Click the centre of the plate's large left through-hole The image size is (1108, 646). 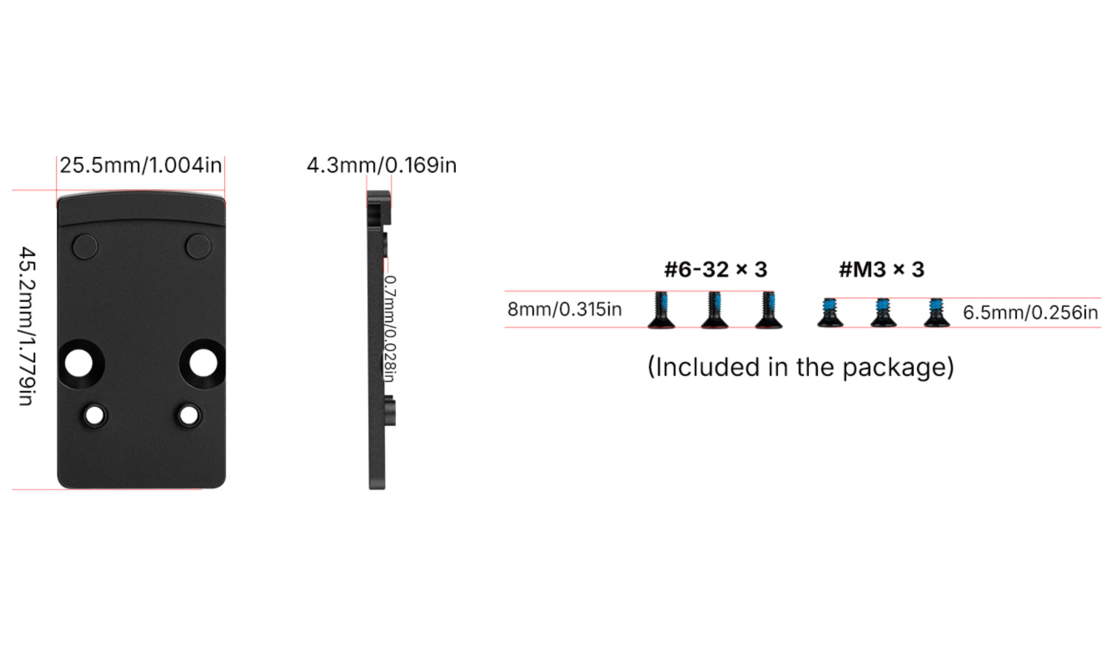click(x=78, y=363)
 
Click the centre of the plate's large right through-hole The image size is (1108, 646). click(x=204, y=363)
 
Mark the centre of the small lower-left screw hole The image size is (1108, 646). click(x=95, y=416)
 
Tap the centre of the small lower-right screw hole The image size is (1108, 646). click(x=189, y=416)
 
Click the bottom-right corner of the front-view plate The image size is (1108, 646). click(x=226, y=488)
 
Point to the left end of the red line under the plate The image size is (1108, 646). click(x=12, y=490)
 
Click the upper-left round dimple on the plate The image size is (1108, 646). click(x=85, y=246)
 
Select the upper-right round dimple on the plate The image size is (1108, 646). click(x=198, y=246)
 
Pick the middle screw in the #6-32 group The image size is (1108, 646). click(x=715, y=310)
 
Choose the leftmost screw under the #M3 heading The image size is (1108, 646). click(x=830, y=312)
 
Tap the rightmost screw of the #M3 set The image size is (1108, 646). click(x=936, y=312)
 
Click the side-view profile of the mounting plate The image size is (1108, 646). click(x=381, y=340)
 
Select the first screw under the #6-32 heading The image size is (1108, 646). click(x=662, y=310)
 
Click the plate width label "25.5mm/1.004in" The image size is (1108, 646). click(x=141, y=165)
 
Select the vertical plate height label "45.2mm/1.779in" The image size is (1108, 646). click(x=27, y=326)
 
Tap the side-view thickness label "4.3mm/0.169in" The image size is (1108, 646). click(x=381, y=165)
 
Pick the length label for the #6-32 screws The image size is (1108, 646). click(x=565, y=309)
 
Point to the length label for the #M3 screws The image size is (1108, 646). click(x=1030, y=312)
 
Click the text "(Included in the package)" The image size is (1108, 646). click(x=800, y=368)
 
